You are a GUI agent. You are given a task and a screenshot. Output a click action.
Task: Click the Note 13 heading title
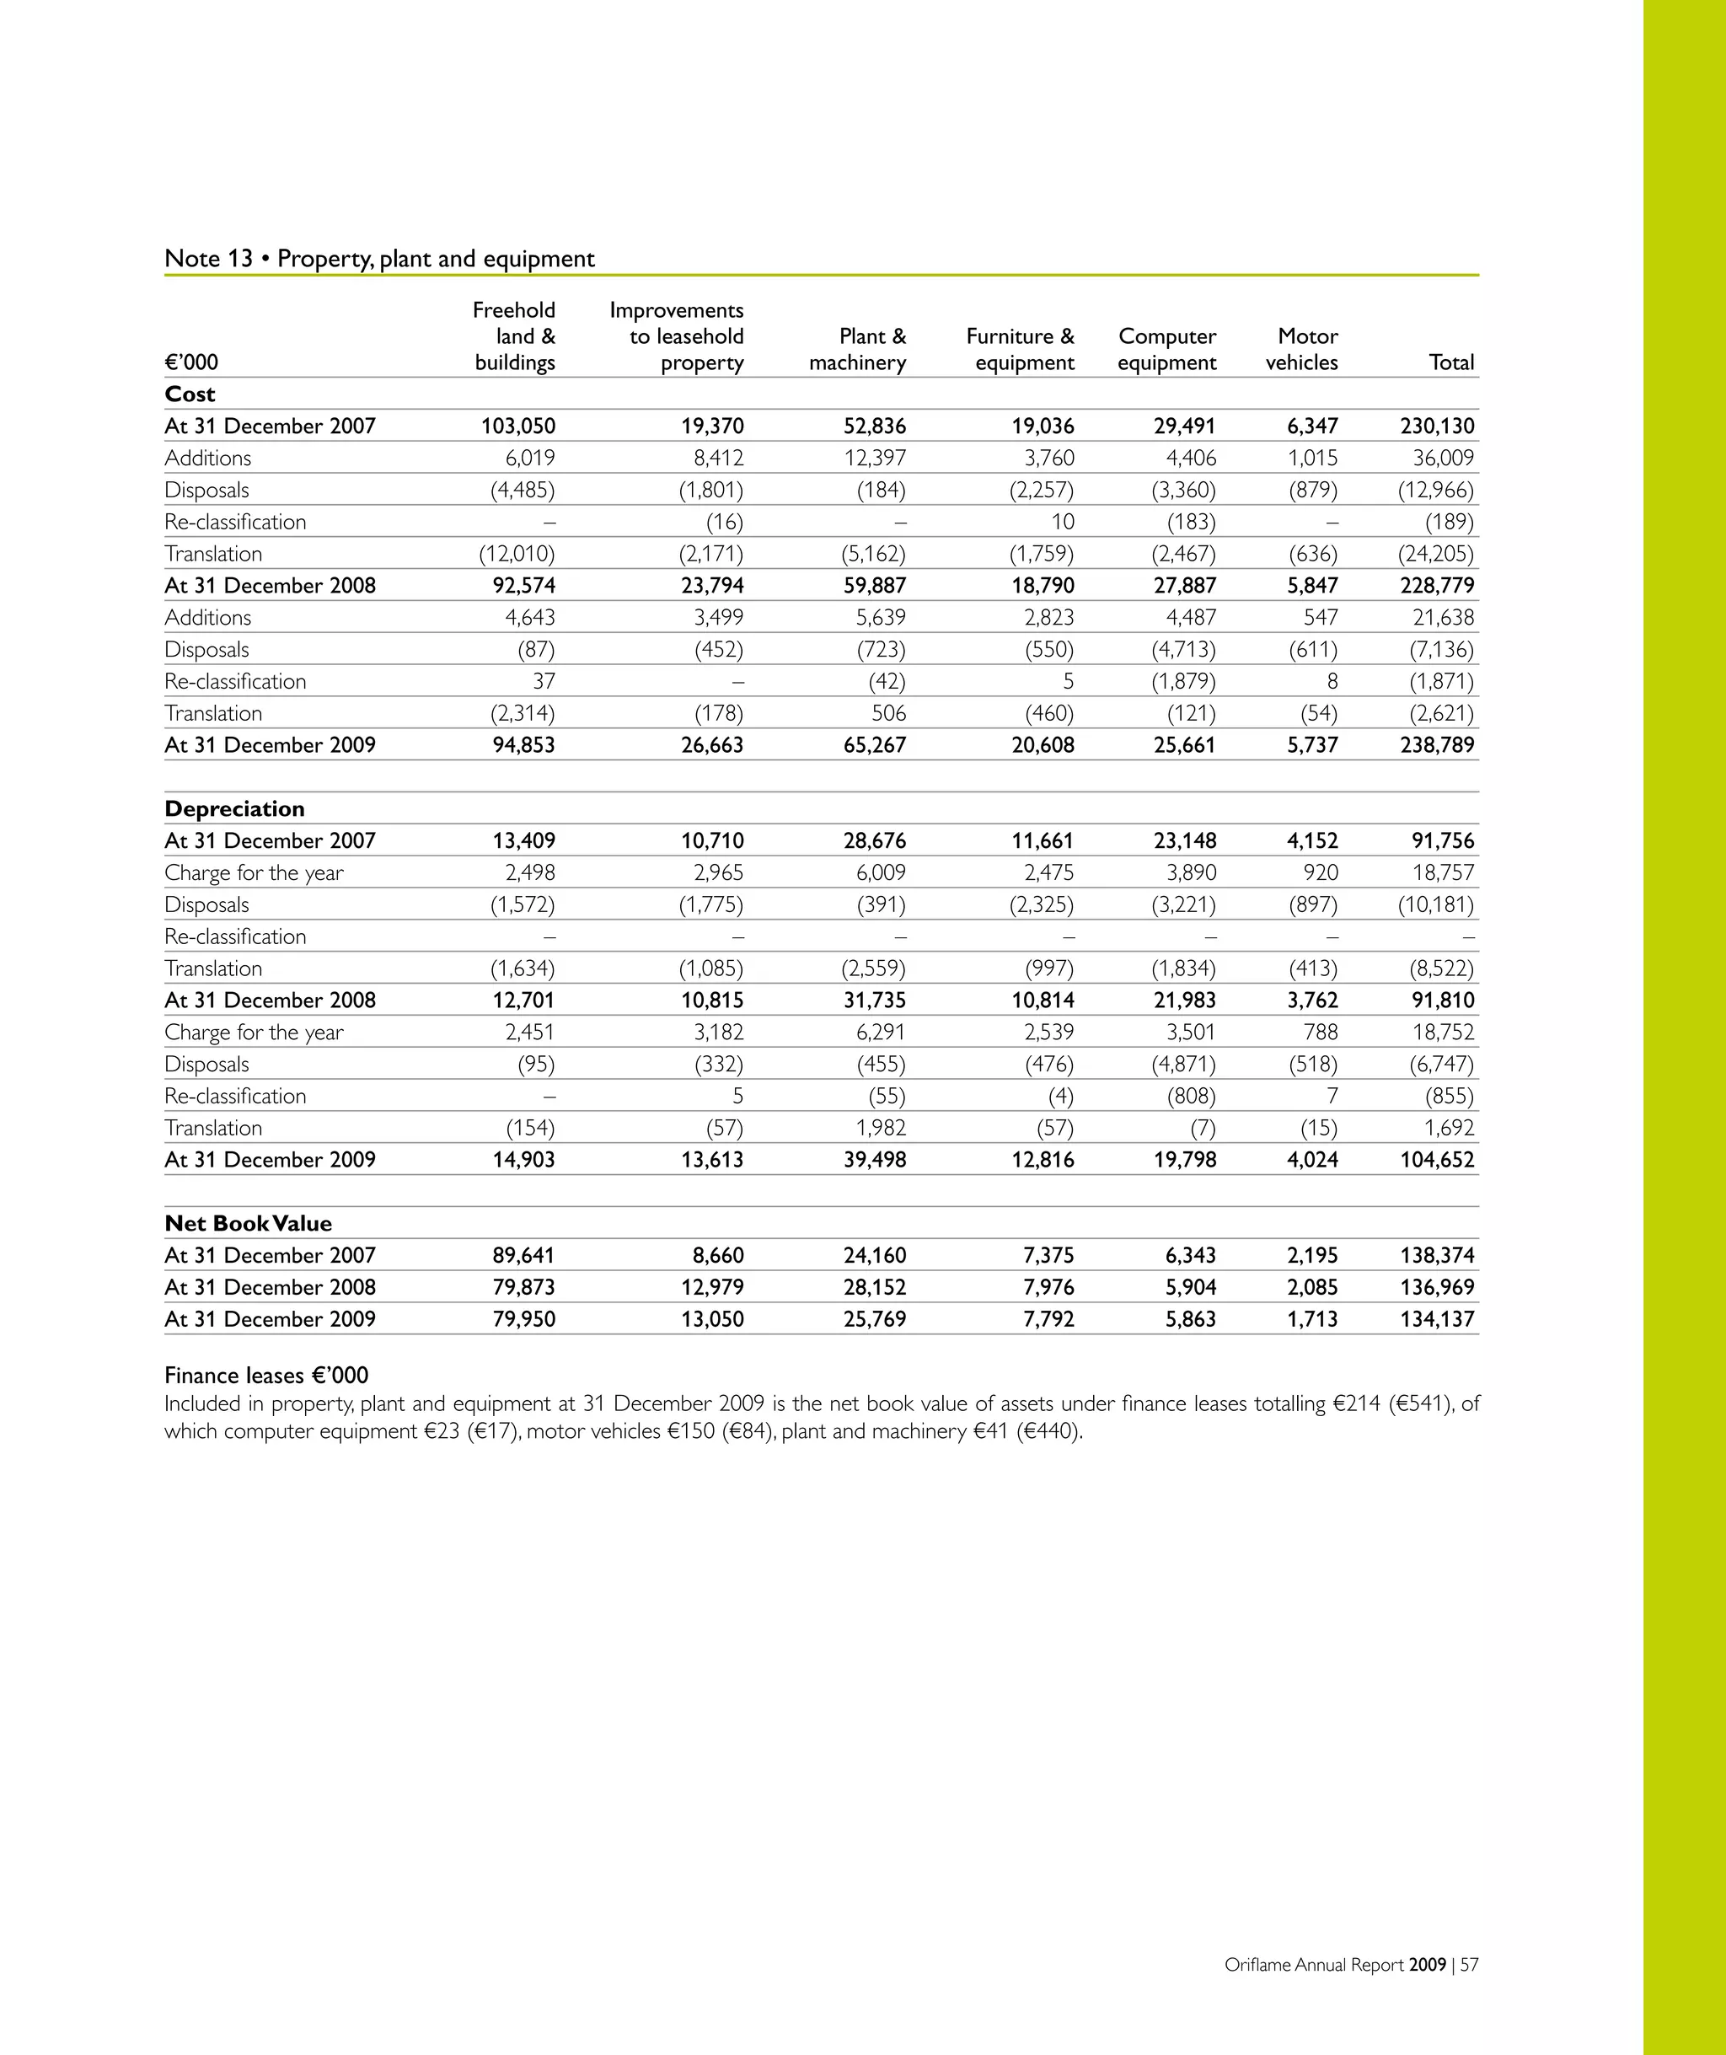coord(378,258)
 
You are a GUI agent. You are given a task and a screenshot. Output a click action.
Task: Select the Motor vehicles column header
coord(1301,349)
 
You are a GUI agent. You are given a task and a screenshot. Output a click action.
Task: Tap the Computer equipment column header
coord(1166,349)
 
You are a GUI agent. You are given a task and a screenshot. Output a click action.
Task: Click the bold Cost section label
coord(190,394)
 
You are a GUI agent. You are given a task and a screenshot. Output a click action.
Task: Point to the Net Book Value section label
coord(249,1223)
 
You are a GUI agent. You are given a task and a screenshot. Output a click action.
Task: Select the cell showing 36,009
coord(1442,458)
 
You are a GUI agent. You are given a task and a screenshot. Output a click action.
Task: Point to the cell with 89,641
coord(523,1256)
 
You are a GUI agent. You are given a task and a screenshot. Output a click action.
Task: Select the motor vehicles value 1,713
coord(1312,1319)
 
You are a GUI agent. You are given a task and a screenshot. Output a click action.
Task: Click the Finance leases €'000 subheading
coord(266,1375)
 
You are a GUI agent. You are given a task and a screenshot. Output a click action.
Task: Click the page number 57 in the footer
coord(1469,1965)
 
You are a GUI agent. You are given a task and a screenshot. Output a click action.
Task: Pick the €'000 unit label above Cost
coord(192,362)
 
